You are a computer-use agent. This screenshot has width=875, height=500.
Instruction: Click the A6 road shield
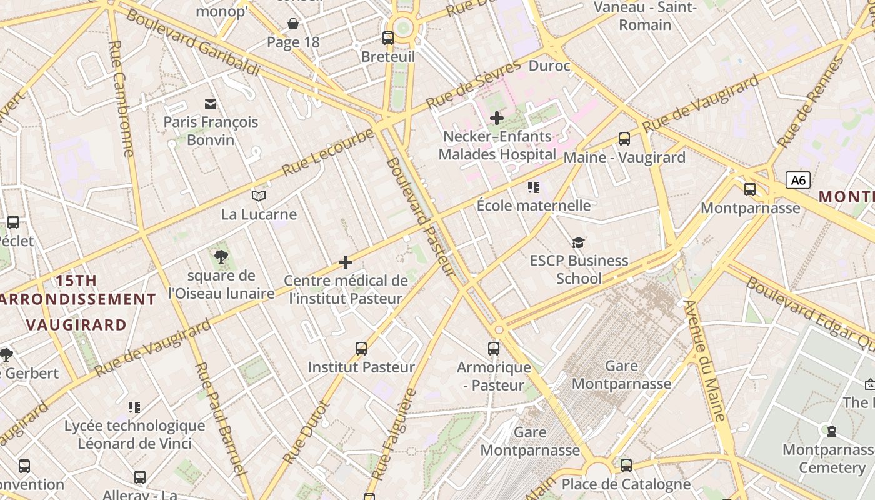coord(798,181)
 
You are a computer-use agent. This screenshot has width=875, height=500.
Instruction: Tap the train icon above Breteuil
coord(388,37)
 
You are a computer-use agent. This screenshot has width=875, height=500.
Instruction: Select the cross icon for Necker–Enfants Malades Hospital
coord(497,117)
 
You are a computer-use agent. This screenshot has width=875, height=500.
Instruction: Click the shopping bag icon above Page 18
coord(292,24)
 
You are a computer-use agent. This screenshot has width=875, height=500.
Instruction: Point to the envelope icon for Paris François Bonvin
coord(211,104)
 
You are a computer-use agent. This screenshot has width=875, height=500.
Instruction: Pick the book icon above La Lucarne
coord(259,196)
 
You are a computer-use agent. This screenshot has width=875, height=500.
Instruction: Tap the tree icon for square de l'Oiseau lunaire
coord(221,256)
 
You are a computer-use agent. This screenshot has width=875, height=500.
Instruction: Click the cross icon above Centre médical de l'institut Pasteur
coord(346,262)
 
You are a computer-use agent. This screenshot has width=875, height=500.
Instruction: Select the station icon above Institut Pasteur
coord(361,349)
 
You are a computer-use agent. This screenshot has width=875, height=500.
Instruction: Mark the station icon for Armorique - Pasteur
coord(494,349)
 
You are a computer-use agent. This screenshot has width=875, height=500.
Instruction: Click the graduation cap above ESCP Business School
coord(579,242)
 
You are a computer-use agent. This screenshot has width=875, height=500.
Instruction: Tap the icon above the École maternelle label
coord(534,187)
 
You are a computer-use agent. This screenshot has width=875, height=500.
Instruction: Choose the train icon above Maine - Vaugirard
coord(624,139)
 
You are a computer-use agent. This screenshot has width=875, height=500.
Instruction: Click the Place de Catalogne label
coord(626,484)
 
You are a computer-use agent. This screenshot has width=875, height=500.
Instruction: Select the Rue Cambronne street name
coord(121,99)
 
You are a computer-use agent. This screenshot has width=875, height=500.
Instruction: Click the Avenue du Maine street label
coord(704,361)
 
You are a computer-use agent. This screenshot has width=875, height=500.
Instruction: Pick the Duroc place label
coord(549,66)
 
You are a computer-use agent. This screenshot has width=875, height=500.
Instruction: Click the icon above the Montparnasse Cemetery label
coord(832,431)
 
